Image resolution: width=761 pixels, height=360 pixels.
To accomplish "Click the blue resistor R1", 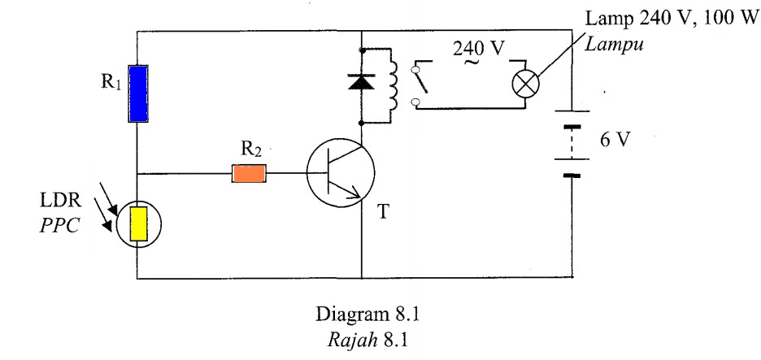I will (137, 94).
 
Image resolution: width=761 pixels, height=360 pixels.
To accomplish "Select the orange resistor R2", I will (250, 173).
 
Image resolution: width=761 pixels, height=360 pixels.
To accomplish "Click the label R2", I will (248, 150).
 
